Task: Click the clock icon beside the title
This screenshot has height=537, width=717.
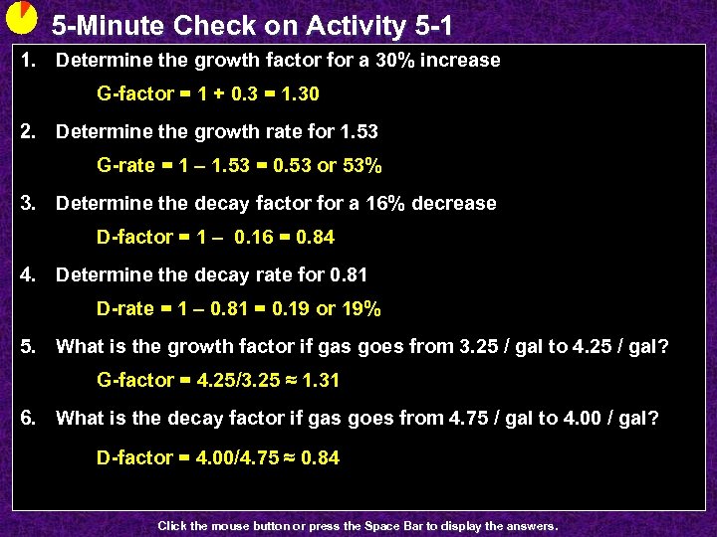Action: tap(21, 19)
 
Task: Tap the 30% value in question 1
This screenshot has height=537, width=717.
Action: tap(394, 60)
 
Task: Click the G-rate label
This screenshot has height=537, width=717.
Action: tap(126, 165)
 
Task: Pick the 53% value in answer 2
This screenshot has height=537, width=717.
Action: tap(361, 165)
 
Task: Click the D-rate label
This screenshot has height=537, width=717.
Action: tap(125, 308)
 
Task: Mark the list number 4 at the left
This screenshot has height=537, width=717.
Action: tap(30, 274)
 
